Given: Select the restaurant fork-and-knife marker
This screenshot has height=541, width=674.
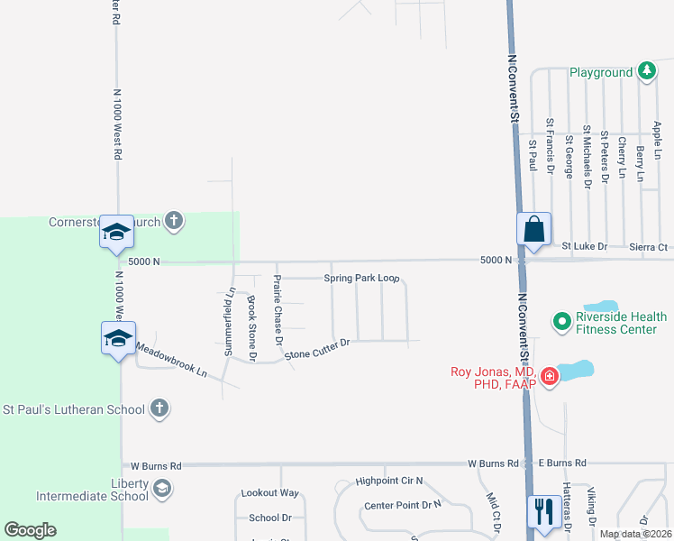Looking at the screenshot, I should tap(543, 511).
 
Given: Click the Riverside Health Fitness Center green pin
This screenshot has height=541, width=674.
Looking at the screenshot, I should tap(562, 320).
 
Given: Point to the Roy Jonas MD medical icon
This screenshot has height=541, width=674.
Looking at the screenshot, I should tap(548, 375).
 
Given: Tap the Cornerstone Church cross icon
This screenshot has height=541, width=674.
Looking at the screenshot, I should tap(174, 221).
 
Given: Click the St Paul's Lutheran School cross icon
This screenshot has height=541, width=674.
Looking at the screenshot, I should tap(159, 409).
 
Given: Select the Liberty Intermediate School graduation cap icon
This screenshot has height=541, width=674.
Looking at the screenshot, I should tap(161, 489).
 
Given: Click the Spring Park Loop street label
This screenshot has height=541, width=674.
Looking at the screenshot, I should tap(361, 279).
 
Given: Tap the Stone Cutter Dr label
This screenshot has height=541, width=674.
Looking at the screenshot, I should tap(316, 349).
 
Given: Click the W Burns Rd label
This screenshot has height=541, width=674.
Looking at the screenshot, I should tap(156, 465).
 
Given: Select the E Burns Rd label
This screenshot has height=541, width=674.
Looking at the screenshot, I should tap(561, 463).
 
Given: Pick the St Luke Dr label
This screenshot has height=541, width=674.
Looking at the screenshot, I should tap(585, 245).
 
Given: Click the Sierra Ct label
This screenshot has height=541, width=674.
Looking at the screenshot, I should tap(649, 246).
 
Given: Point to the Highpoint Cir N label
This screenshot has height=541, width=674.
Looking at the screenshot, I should tap(388, 481).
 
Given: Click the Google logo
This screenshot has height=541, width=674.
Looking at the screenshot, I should tap(30, 530).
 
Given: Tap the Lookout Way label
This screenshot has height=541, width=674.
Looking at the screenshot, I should tap(269, 493).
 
